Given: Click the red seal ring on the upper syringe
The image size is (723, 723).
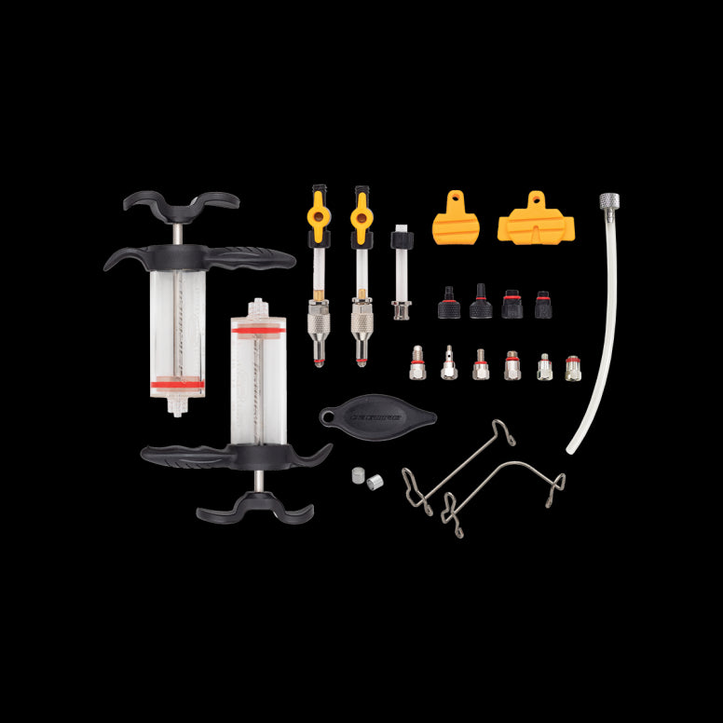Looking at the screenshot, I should point(178,382).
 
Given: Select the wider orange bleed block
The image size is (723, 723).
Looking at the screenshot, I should point(536,220).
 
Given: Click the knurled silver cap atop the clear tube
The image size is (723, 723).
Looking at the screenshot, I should point(608,202).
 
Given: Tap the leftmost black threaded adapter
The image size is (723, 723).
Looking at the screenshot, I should point(448,303).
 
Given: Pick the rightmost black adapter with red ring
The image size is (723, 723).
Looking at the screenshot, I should point(542,305).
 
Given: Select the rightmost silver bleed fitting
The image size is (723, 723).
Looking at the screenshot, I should point(573,368).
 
